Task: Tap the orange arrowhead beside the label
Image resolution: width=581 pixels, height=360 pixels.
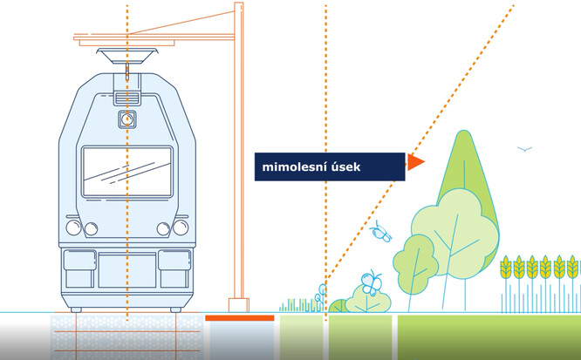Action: tap(415, 162)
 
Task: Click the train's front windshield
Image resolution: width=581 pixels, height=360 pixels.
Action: tap(127, 171)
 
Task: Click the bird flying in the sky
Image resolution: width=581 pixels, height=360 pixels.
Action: tap(524, 150)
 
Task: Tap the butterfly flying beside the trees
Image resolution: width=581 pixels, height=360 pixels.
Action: tap(380, 232)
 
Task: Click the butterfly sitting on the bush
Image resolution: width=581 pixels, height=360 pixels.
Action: tap(373, 282)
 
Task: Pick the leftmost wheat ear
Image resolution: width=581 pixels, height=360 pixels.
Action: tap(506, 267)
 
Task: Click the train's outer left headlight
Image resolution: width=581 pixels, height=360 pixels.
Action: tap(73, 228)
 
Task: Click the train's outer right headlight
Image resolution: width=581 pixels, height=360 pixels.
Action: tap(181, 228)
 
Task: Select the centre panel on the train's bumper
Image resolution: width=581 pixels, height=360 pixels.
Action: tap(127, 270)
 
